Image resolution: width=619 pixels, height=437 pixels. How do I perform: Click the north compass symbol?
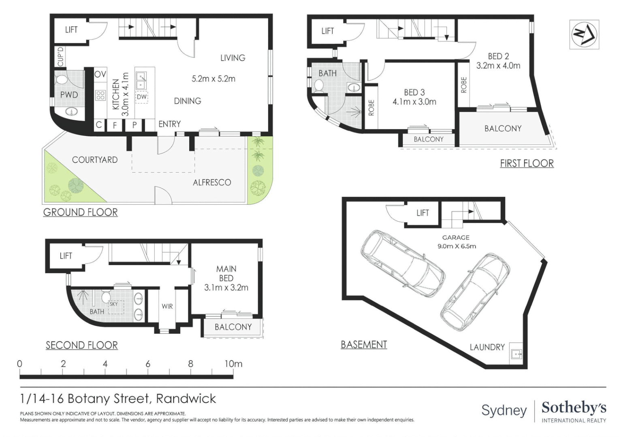tap(584, 35)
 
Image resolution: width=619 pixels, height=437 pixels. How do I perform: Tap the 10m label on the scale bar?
tap(233, 364)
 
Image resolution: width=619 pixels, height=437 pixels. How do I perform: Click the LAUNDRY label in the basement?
tap(487, 347)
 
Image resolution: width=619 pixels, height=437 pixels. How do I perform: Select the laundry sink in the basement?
tap(517, 354)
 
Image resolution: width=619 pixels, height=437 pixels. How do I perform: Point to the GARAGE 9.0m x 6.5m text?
tap(456, 242)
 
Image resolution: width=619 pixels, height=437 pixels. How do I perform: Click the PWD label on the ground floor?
tap(69, 95)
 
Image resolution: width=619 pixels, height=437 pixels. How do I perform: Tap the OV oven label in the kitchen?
tap(100, 74)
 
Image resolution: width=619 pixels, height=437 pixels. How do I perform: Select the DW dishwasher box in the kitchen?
tap(141, 97)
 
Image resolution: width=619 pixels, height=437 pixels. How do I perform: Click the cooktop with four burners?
tap(100, 95)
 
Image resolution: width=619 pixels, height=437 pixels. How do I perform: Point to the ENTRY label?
tap(169, 124)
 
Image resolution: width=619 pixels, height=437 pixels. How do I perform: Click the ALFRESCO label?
tap(212, 182)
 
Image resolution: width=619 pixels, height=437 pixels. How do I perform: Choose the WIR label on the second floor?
tap(167, 306)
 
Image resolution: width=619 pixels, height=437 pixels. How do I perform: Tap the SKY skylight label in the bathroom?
tap(114, 304)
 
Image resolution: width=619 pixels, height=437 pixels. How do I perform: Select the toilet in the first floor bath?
tap(318, 86)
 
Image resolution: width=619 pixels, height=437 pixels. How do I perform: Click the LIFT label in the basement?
tap(423, 213)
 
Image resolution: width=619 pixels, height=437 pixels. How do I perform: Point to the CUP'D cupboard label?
tap(60, 57)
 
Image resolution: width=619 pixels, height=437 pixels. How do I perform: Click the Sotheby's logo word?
tap(574, 408)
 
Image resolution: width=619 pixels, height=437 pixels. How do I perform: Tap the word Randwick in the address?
tap(186, 399)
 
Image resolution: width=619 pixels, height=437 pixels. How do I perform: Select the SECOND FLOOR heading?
tap(81, 345)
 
